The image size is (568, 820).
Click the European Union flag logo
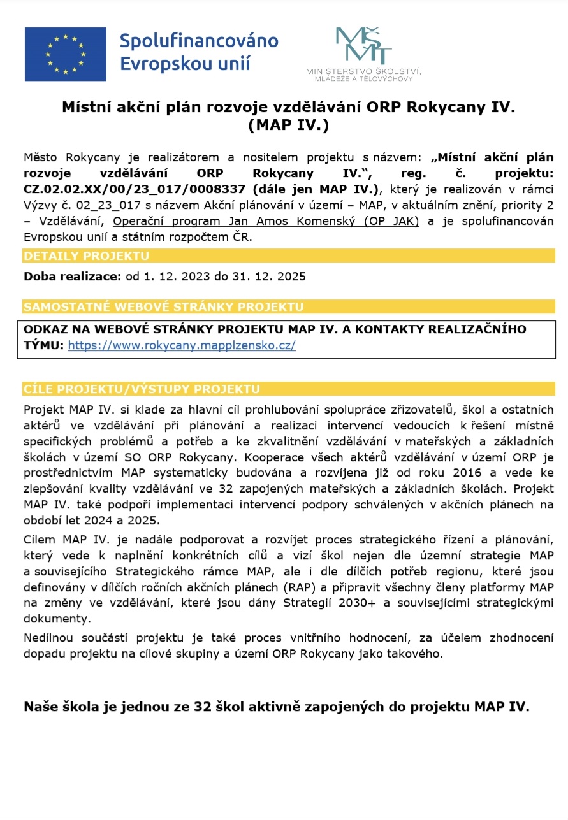click(66, 54)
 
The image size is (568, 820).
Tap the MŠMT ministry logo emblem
click(363, 46)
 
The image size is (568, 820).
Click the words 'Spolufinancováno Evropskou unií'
click(199, 52)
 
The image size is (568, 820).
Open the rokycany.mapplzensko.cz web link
click(182, 345)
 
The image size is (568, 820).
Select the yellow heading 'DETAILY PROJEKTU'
click(86, 256)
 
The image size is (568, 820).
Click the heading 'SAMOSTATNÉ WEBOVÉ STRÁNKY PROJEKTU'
click(163, 307)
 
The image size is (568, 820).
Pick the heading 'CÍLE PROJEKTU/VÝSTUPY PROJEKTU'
click(142, 389)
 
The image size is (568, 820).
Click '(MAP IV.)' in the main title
click(288, 126)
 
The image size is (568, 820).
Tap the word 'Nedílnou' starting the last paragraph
click(50, 638)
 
